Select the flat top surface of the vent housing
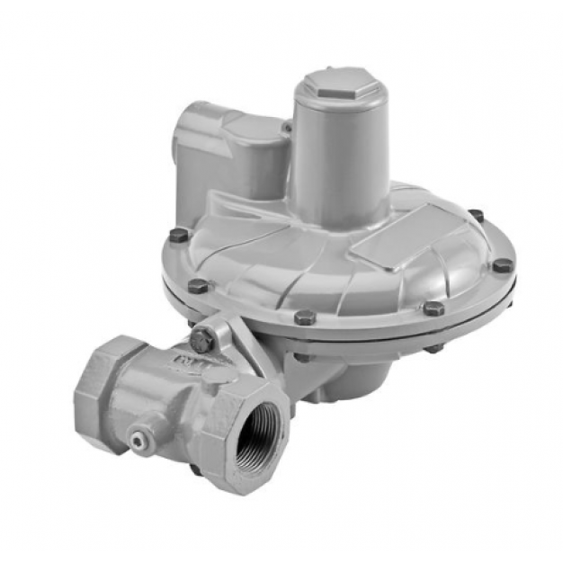coord(243,127)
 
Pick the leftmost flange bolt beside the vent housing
coord(179,235)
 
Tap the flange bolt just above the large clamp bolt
coord(197,286)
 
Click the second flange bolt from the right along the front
coord(433,308)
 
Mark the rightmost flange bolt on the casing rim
coord(503,265)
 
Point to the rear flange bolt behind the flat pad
coord(476,215)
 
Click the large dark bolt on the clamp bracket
coord(202,339)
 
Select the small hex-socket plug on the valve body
coord(138,438)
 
